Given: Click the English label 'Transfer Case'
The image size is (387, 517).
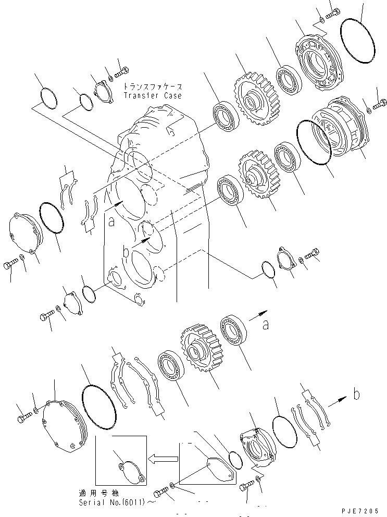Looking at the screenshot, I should point(153,96).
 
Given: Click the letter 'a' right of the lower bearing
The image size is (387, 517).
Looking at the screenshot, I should point(266,326).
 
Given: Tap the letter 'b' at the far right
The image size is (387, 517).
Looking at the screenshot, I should point(356,395).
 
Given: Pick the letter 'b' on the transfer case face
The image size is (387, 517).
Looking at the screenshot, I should point(126,252).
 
